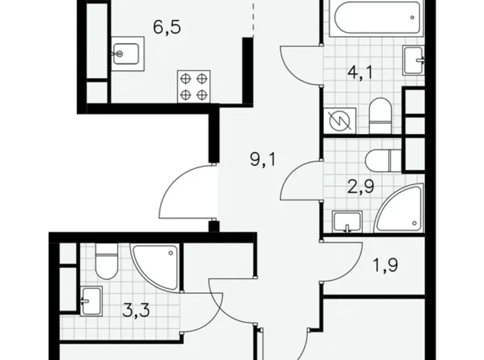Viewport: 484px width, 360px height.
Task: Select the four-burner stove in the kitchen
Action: tap(193, 86)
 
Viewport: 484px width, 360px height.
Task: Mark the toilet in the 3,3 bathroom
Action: tap(106, 262)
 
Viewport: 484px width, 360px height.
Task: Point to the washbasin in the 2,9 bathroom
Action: tap(347, 221)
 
